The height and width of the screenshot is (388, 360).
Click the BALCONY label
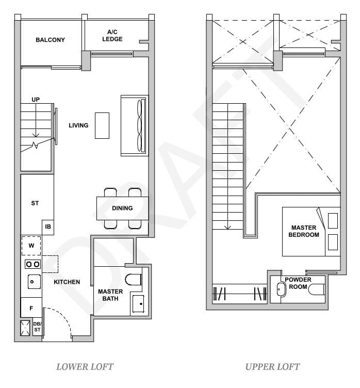coord(50,40)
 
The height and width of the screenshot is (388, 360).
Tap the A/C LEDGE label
coord(112,35)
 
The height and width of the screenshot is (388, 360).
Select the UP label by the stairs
coord(36,100)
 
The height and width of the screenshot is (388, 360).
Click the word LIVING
coord(78,125)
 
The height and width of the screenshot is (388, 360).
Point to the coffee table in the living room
coord(102,125)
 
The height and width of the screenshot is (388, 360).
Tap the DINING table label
coord(122,208)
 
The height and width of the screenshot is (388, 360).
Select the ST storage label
coord(35,203)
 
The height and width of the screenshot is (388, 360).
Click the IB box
coord(48,227)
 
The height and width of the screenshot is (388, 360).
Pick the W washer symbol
coord(31,246)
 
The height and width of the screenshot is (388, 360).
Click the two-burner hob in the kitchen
coord(32,264)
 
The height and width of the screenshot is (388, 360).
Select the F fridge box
coord(31,308)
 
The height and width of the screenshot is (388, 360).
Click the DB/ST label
coord(37,328)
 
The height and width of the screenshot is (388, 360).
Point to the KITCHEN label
coord(67,282)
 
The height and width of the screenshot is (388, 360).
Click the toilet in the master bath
coord(133,280)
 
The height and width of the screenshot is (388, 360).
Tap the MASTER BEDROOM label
coord(304,231)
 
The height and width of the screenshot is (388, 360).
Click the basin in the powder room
coord(282,289)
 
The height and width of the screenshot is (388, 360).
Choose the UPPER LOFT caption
coord(272,367)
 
